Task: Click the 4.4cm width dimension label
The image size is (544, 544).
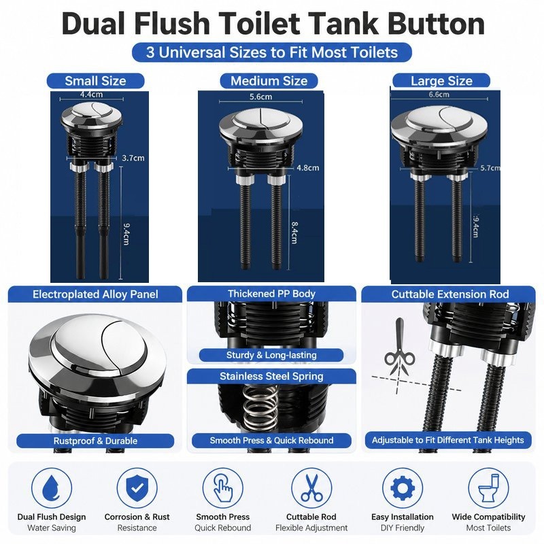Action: [91, 94]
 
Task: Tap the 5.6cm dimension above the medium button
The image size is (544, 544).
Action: [260, 97]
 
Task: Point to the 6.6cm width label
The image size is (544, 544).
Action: [439, 95]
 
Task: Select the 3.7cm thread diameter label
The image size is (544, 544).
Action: [133, 158]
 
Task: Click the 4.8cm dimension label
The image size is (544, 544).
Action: [308, 168]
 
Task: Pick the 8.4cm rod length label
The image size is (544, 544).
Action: [294, 233]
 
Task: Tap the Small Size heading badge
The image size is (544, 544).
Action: [95, 81]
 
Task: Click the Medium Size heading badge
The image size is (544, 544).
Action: [269, 81]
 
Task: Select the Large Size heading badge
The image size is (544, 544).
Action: [441, 81]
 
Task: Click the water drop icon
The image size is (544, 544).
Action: [52, 487]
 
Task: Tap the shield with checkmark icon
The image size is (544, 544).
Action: [137, 488]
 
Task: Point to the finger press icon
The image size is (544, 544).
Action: [223, 488]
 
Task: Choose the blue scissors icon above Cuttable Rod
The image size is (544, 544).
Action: [311, 488]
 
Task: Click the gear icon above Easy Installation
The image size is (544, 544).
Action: [403, 488]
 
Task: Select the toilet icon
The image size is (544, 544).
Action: [488, 488]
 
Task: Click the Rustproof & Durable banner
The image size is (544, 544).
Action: [95, 441]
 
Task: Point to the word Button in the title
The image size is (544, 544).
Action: [436, 24]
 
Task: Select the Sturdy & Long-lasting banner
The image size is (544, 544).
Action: [271, 355]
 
